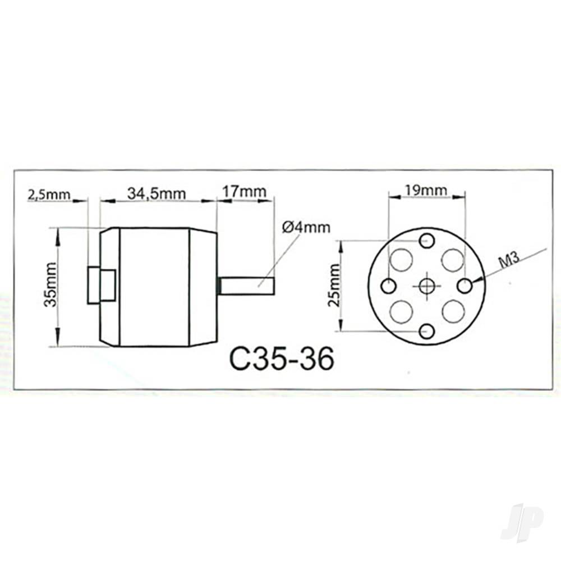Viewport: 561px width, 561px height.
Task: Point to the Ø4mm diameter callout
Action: tap(306, 227)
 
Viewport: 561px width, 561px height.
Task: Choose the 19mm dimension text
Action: tap(427, 190)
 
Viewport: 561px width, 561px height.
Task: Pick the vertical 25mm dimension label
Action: tap(335, 286)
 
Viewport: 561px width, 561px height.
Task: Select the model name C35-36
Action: tap(282, 358)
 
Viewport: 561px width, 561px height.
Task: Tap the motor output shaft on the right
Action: tap(246, 286)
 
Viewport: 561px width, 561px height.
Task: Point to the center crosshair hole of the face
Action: tap(427, 286)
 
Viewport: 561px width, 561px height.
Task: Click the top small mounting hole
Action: tap(427, 241)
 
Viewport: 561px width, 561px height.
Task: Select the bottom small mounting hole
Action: tap(427, 331)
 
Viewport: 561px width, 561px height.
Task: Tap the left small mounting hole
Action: tap(388, 286)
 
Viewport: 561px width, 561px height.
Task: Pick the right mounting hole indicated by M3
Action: tap(465, 286)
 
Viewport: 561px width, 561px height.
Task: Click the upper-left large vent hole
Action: tap(401, 260)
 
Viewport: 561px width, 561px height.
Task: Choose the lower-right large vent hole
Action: tap(453, 312)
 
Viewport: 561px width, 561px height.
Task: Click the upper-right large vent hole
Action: tap(453, 260)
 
